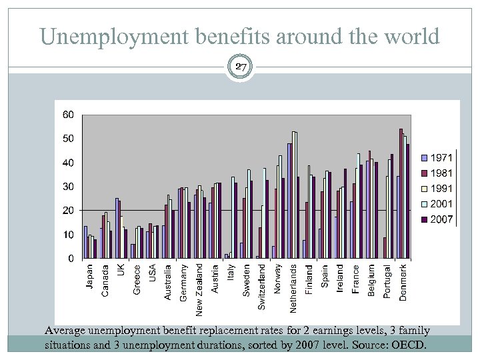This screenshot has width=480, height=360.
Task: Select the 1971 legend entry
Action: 437,157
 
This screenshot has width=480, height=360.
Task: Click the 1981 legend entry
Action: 437,173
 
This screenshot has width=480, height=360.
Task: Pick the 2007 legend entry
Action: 437,218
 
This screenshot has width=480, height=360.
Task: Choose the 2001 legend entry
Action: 437,203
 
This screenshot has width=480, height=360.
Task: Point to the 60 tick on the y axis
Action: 68,115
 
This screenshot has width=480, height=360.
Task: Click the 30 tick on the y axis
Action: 68,187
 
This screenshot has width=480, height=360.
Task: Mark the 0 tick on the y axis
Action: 71,259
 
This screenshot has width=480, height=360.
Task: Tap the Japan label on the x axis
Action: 90,277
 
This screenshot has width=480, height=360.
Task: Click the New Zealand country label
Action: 199,289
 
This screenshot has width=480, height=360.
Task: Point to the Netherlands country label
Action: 293,288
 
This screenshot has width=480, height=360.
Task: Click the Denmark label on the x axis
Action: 403,282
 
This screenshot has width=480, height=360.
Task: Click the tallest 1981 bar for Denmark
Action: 401,193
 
